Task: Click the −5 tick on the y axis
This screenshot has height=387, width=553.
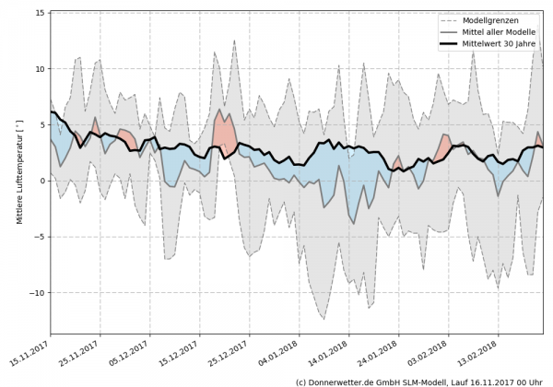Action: [x=41, y=236]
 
